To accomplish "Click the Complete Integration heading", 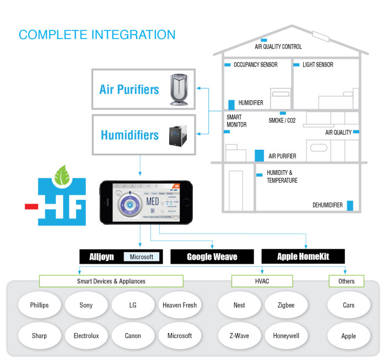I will click(97, 35).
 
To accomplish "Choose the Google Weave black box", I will click(212, 257).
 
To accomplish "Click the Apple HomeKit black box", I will click(303, 256).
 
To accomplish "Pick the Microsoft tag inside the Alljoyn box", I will click(142, 257).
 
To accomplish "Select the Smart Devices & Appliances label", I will click(111, 281).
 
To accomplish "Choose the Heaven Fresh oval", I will click(180, 305).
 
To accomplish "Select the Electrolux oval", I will click(86, 336).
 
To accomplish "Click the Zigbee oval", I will click(285, 305).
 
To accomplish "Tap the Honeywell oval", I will click(285, 336).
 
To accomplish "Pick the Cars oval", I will click(348, 305).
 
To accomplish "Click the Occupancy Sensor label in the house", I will click(255, 65).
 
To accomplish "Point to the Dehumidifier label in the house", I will click(327, 205).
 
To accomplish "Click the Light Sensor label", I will click(317, 65).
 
